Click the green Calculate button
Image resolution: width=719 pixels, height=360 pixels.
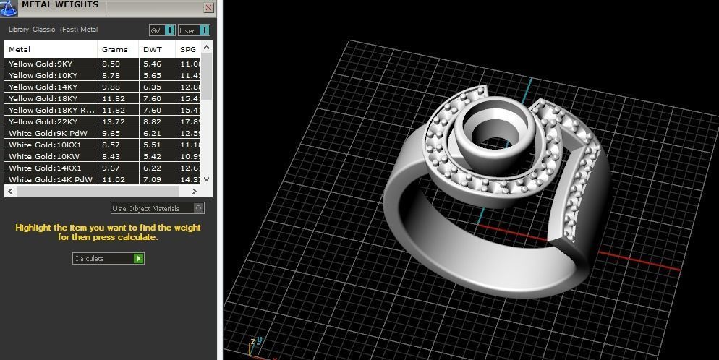pos(138,258)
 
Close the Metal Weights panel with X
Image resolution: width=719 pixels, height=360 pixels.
pos(209,8)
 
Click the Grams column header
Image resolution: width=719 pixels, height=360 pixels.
pos(114,49)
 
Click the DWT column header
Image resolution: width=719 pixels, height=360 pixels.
pos(153,49)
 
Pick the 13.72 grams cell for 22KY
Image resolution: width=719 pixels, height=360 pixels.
pos(113,121)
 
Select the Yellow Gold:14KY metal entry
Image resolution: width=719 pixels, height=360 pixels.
pos(43,87)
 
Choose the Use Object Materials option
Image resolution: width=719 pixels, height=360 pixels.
pos(157,208)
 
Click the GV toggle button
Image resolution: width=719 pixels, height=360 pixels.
pos(162,30)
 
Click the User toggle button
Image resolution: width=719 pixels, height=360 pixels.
pos(194,30)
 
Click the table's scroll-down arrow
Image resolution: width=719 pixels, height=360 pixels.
pos(207,179)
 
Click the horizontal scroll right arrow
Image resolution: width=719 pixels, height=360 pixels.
pos(195,192)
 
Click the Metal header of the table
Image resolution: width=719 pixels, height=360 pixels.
pos(20,49)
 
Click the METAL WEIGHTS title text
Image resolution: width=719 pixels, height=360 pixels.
pos(60,5)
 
